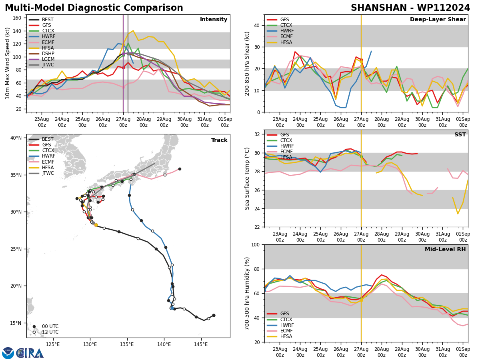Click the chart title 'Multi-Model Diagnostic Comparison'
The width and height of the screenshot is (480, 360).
94,8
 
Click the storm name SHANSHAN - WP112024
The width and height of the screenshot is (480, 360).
410,8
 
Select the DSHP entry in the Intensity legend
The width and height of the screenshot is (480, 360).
48,54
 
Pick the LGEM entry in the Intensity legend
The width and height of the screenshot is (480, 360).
48,59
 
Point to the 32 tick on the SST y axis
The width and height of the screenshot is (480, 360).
258,134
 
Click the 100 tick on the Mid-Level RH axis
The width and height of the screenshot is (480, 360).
256,244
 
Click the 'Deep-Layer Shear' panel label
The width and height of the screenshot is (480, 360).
438,20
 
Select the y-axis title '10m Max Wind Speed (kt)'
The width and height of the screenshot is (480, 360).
8,63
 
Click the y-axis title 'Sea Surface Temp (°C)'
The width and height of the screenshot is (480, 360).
247,178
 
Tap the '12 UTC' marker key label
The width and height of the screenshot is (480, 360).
50,332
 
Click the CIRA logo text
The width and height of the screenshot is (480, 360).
30,353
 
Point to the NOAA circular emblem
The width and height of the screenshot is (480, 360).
8,353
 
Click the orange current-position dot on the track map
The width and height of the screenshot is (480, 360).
96,225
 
